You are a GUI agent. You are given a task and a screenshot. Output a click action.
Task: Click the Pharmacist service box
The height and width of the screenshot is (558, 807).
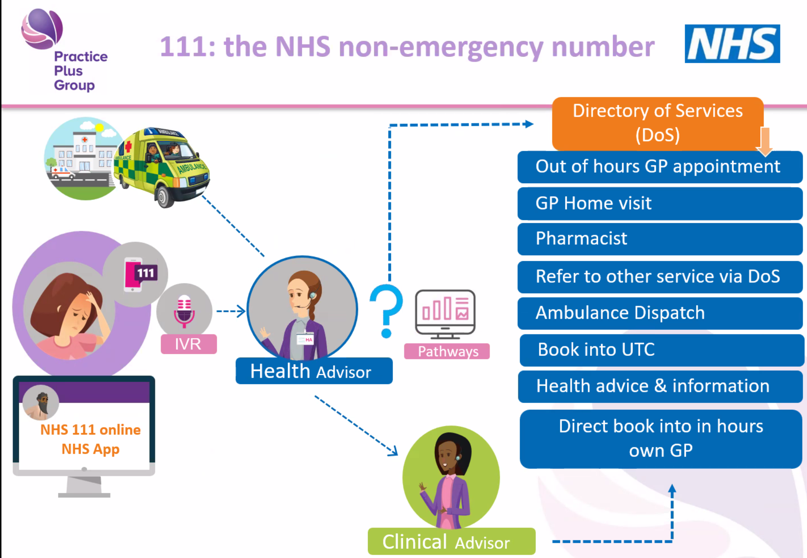[660, 239]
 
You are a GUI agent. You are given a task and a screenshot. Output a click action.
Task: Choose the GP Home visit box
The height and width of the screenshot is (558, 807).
[660, 203]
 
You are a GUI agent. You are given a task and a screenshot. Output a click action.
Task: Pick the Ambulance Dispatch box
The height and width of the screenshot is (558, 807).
[660, 313]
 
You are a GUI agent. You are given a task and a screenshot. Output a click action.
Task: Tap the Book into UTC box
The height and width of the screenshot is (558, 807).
[661, 350]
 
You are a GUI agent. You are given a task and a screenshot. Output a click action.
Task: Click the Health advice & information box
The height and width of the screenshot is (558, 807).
[660, 386]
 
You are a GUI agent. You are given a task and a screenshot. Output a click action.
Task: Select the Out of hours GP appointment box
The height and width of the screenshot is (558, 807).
[660, 167]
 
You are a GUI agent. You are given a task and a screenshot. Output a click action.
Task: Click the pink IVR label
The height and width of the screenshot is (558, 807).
[189, 344]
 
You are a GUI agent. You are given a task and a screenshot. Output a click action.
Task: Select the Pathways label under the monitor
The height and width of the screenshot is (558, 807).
[447, 351]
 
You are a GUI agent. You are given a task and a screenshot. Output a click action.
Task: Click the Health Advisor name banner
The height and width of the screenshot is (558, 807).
[314, 371]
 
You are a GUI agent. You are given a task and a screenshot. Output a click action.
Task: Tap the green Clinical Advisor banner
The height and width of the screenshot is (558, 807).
[451, 542]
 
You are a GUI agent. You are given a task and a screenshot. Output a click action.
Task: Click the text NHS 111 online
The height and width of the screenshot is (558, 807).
[90, 430]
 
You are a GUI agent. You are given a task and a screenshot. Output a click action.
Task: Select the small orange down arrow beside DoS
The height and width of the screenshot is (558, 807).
[765, 141]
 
